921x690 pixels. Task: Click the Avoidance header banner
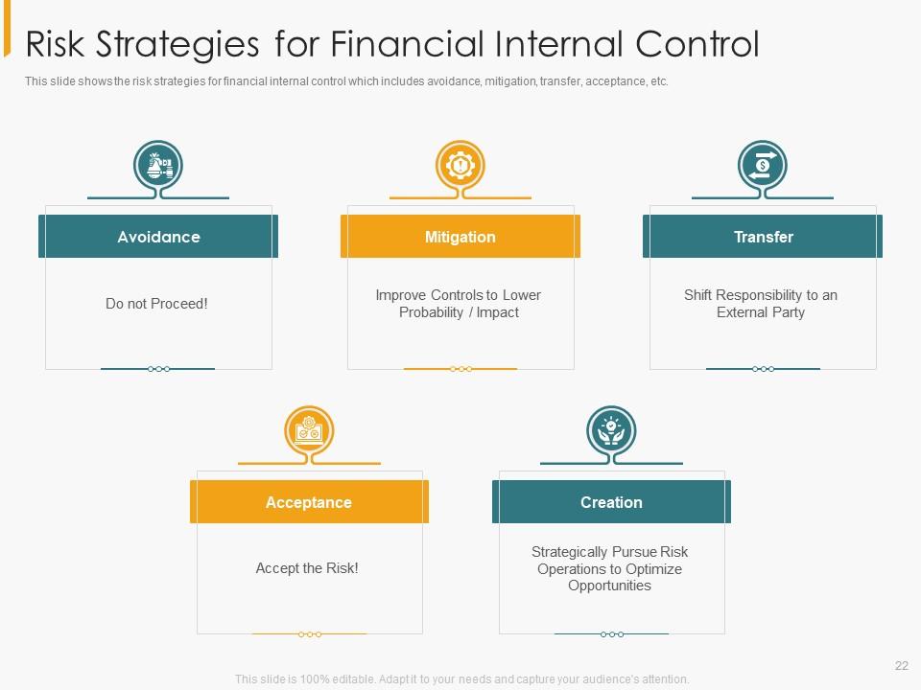(x=158, y=237)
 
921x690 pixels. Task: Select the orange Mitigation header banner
(x=460, y=237)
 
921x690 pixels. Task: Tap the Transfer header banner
(x=763, y=237)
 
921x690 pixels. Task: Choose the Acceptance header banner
(x=309, y=502)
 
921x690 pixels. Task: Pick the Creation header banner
(x=611, y=502)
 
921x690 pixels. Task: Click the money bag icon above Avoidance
(x=158, y=166)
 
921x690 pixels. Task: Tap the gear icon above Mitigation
(x=460, y=166)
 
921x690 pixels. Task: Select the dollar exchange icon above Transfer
(x=763, y=166)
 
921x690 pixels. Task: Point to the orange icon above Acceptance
(x=309, y=431)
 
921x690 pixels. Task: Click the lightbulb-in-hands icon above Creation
(x=611, y=431)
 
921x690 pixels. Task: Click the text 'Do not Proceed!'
(x=156, y=304)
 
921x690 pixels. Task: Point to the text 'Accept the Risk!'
(x=307, y=568)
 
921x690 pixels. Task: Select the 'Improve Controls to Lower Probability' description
(x=459, y=304)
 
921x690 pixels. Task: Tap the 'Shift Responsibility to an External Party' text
(x=761, y=304)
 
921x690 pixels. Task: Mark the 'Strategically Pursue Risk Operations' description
(x=610, y=568)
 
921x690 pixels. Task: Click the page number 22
(x=901, y=666)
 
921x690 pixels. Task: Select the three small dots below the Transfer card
(x=763, y=369)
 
